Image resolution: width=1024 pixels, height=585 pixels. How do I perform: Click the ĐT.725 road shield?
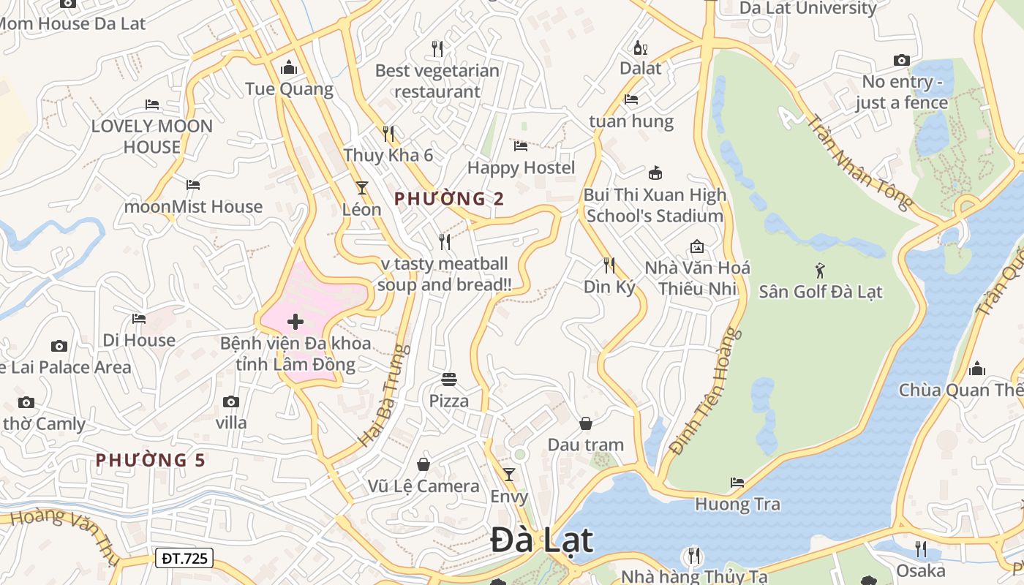pos(184,559)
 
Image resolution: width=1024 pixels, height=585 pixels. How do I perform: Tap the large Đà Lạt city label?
pos(541,540)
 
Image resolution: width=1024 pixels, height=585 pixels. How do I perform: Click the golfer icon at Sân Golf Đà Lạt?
pos(820,270)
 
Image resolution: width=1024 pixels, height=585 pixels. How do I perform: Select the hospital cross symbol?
pos(295,322)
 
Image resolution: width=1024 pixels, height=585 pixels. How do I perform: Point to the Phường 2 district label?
pos(449,198)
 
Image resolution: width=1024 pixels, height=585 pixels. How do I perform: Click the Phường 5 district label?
pos(151,460)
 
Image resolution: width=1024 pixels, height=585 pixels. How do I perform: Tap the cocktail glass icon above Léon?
pos(361,188)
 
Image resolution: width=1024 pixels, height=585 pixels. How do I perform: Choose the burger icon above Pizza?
pos(449,380)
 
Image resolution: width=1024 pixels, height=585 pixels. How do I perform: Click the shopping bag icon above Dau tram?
pos(586,423)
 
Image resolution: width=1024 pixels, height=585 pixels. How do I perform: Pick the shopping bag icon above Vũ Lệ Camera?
pos(423,464)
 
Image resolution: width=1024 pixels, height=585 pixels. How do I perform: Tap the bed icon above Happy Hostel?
pos(521,146)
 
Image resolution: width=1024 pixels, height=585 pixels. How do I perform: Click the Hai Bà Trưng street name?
pos(383,396)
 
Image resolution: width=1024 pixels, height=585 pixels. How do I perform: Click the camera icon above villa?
pos(231,401)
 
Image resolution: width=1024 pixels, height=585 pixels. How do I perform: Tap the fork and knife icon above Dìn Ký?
pos(609,265)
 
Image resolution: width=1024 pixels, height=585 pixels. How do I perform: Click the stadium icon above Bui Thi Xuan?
pos(655,173)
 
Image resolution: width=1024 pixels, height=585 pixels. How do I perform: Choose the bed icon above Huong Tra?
pos(737,483)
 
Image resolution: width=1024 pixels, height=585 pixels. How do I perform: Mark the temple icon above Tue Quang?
pos(289,68)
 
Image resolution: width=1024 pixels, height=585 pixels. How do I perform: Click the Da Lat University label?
pos(808,8)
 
